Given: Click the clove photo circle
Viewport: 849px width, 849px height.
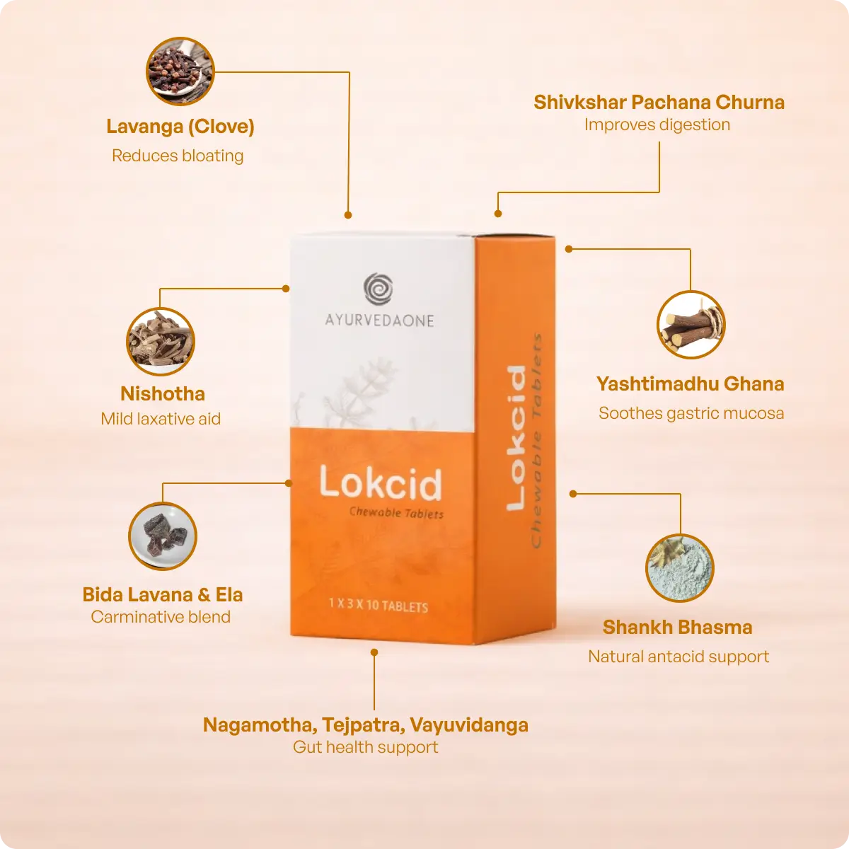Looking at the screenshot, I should [x=180, y=71].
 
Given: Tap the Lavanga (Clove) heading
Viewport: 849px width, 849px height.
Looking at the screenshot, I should [x=180, y=127].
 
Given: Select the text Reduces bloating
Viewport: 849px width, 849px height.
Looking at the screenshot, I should [x=178, y=156].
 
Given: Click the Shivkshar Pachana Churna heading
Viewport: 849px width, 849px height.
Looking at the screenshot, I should [x=659, y=103].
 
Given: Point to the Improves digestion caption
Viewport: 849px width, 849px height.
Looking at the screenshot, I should [x=657, y=125].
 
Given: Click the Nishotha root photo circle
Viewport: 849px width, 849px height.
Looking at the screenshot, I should [x=161, y=342].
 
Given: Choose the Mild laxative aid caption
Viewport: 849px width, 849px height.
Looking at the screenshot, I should [x=161, y=419].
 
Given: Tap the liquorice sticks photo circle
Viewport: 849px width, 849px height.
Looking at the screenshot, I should [x=691, y=325].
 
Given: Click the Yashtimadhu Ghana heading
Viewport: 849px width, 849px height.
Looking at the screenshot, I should [x=690, y=384].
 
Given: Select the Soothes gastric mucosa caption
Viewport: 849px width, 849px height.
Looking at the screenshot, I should [x=691, y=413].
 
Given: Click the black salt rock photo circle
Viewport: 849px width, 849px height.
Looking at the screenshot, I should [x=163, y=536].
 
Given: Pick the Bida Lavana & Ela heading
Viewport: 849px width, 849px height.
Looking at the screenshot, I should [x=163, y=594].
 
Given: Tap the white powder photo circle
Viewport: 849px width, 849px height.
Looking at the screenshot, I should [x=680, y=568].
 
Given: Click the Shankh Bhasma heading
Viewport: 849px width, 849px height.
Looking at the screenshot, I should [x=677, y=628].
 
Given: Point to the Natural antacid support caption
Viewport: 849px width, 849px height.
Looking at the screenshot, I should [x=678, y=657].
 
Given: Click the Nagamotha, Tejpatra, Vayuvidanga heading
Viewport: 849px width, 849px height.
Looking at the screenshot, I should [x=365, y=725].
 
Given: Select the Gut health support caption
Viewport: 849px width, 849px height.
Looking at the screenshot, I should [x=365, y=747].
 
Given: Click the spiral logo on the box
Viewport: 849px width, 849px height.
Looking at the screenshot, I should [x=379, y=289].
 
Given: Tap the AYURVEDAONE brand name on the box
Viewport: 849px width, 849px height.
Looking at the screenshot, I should [x=380, y=320].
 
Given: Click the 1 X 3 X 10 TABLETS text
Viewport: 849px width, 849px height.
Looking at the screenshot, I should [x=379, y=605].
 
